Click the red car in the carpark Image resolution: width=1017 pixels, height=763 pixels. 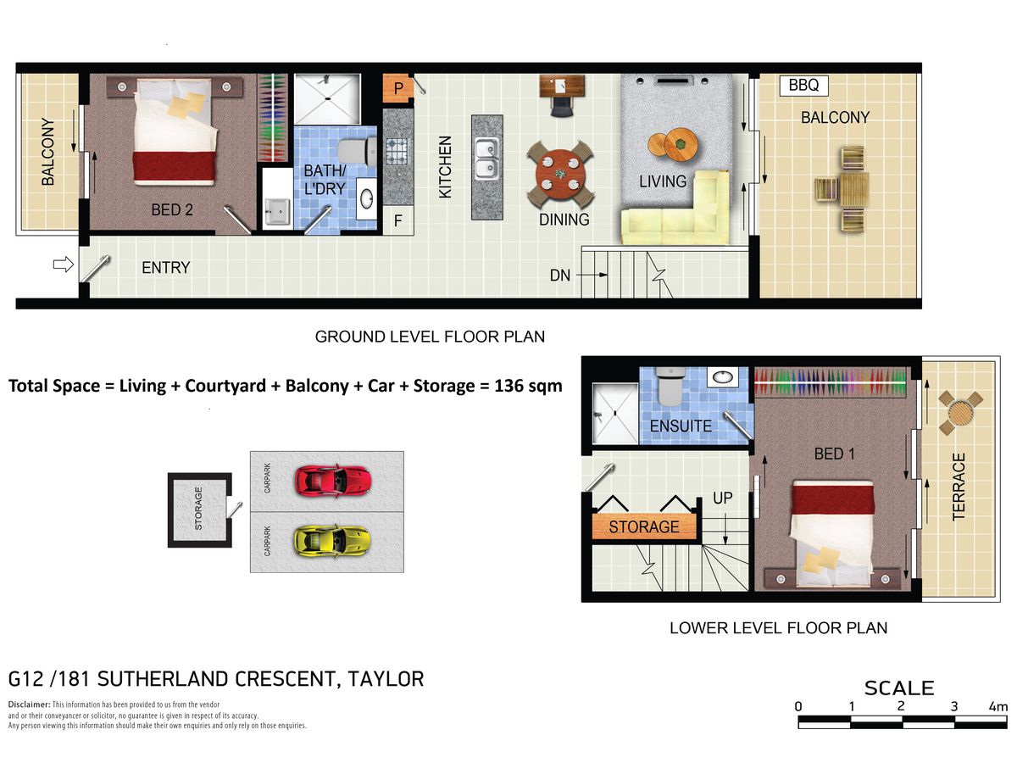tap(333, 481)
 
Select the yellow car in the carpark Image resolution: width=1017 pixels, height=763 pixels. tap(332, 541)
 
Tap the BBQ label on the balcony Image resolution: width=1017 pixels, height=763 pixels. tap(803, 86)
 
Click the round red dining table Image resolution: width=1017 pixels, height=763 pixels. tap(560, 174)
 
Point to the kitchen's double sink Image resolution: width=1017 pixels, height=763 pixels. tap(487, 159)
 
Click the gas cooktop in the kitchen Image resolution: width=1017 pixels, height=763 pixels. tap(397, 152)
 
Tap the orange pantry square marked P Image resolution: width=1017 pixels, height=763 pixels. tap(397, 88)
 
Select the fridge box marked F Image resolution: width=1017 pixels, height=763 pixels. tap(398, 220)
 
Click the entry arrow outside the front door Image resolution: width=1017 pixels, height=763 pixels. tap(64, 265)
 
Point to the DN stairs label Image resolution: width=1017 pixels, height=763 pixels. tap(559, 276)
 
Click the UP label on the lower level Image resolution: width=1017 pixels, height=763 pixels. tap(722, 498)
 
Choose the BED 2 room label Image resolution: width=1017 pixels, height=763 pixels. tap(172, 210)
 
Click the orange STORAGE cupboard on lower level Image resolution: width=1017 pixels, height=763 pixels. tap(644, 526)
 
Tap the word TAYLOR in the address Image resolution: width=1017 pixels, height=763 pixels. tap(386, 679)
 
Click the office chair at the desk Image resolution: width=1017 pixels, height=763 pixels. tap(562, 107)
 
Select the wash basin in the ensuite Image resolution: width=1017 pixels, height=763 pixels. tap(722, 376)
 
